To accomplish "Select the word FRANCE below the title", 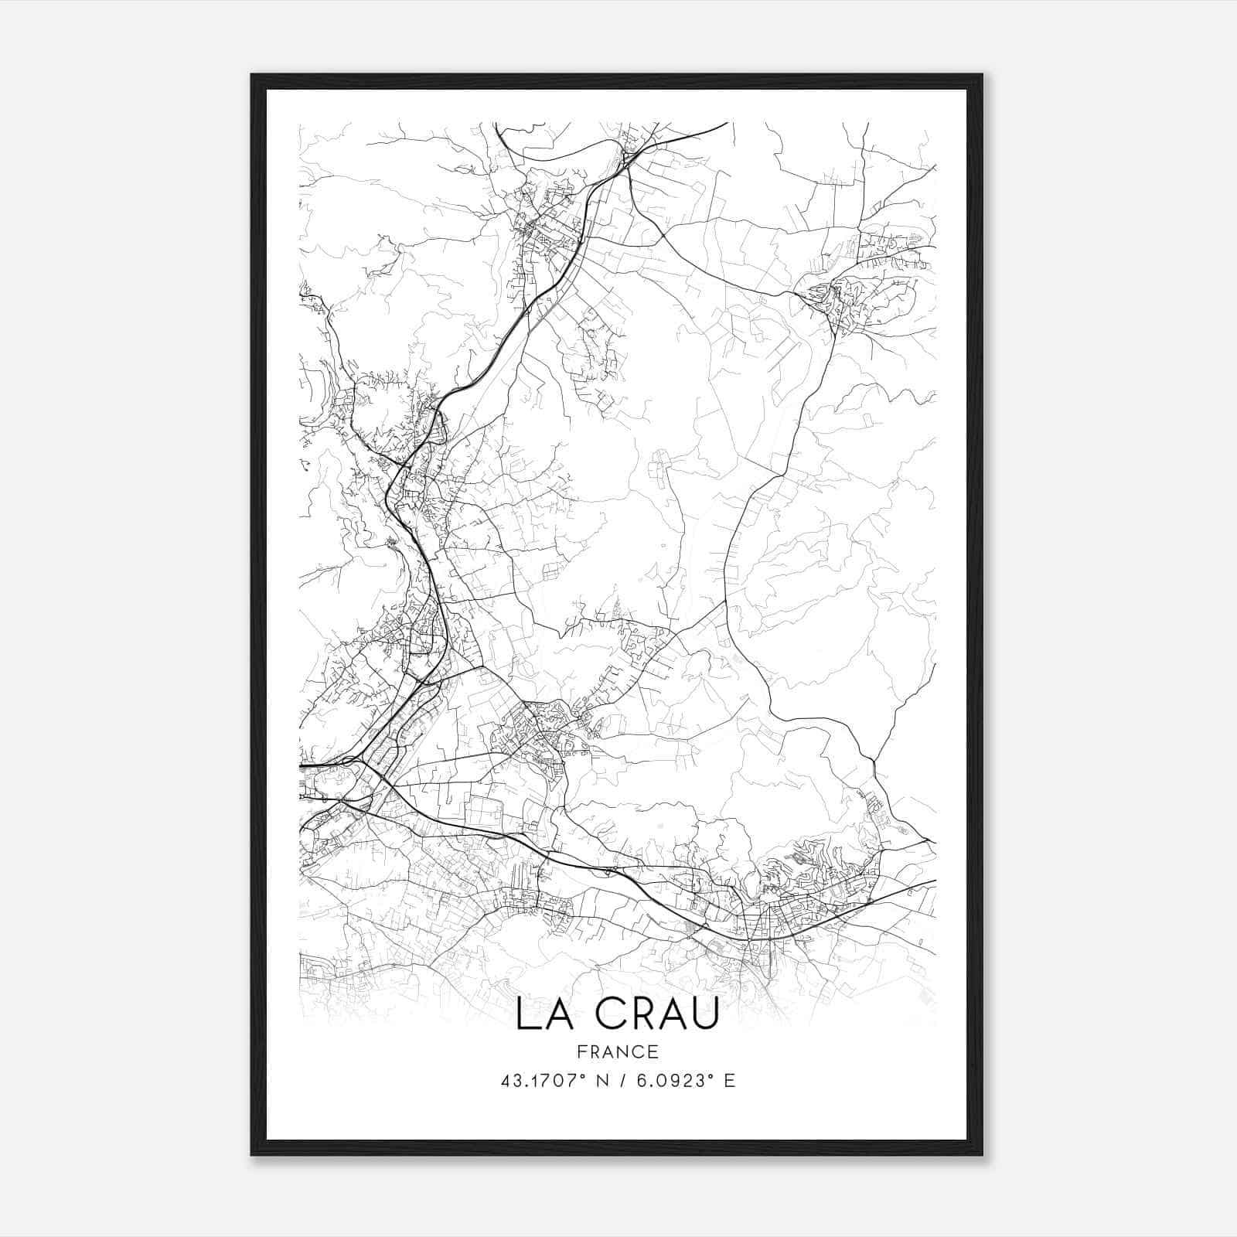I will pyautogui.click(x=618, y=1051).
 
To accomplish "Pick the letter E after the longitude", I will pyautogui.click(x=730, y=1080).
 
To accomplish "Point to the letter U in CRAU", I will pyautogui.click(x=704, y=1014).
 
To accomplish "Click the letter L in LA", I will pyautogui.click(x=526, y=1014).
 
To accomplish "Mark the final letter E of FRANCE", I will pyautogui.click(x=654, y=1051).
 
